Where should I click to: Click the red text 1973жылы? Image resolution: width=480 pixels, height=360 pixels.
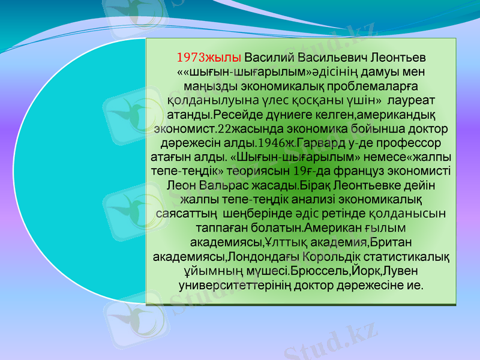[x=209, y=58]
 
